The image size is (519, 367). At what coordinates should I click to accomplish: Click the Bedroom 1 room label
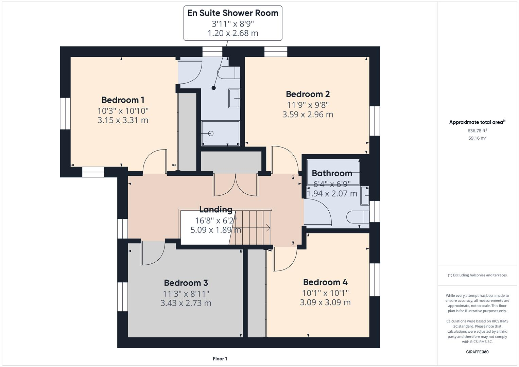(x=123, y=100)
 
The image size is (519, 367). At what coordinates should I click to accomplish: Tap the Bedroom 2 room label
(x=308, y=94)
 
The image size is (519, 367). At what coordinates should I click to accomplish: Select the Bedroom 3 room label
(x=186, y=283)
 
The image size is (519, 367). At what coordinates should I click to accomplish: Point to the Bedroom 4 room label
(x=325, y=282)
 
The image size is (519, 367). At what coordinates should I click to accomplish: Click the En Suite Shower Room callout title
(x=233, y=13)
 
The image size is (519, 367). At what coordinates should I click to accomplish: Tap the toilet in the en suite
(x=229, y=73)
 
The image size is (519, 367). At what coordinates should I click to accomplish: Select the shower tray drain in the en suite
(x=211, y=134)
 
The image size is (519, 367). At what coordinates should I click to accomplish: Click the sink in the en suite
(x=234, y=98)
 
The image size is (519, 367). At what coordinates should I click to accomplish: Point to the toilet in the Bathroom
(x=358, y=216)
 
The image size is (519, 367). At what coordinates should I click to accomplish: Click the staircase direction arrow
(x=267, y=228)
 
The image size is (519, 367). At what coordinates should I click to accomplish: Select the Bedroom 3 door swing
(x=153, y=253)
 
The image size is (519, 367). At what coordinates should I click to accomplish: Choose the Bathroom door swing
(x=317, y=212)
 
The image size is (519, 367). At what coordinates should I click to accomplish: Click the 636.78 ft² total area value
(x=477, y=130)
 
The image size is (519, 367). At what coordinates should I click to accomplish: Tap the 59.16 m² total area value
(x=477, y=138)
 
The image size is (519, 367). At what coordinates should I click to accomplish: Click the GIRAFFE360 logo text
(x=477, y=352)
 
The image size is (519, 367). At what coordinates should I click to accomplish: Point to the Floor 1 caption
(x=220, y=359)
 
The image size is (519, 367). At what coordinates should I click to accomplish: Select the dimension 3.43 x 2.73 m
(x=186, y=303)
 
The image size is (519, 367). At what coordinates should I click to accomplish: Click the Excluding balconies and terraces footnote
(x=477, y=275)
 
